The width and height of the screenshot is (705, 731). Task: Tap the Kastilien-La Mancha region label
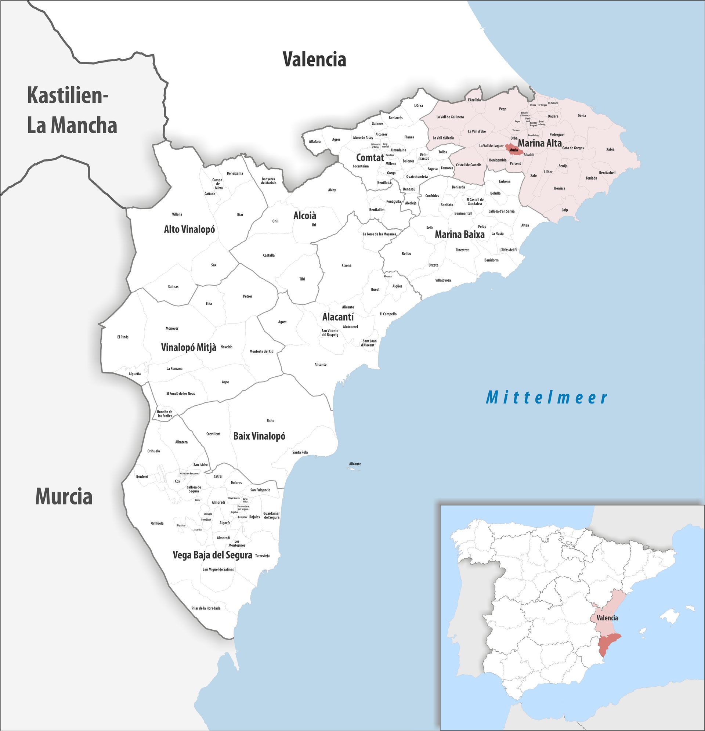[x=72, y=111]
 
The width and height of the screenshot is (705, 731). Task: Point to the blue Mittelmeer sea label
[x=547, y=398]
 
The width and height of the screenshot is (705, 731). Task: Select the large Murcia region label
[x=64, y=497]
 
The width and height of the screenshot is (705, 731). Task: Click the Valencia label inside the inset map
[x=607, y=618]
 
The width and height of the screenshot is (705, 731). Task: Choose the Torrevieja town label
[x=262, y=556]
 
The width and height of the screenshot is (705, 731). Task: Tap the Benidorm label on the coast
[x=491, y=260]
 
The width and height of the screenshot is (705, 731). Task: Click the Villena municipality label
[x=177, y=214]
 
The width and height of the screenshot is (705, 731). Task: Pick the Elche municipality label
[x=271, y=421]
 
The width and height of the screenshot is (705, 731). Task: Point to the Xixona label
[x=347, y=265]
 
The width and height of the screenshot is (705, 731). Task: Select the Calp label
[x=565, y=210]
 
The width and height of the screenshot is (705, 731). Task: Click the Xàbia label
[x=610, y=149]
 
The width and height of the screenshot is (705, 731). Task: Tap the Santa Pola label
[x=300, y=452]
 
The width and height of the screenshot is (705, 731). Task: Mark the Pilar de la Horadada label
[x=206, y=608]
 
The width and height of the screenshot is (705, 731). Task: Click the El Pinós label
[x=123, y=337]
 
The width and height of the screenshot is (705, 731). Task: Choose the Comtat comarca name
[x=370, y=158]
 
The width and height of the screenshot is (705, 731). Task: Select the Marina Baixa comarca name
[x=460, y=235]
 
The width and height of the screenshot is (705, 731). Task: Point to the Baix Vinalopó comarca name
[x=259, y=436]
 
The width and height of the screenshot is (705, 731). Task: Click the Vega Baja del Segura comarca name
[x=212, y=555]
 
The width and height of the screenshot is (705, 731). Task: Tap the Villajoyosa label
[x=443, y=280]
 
